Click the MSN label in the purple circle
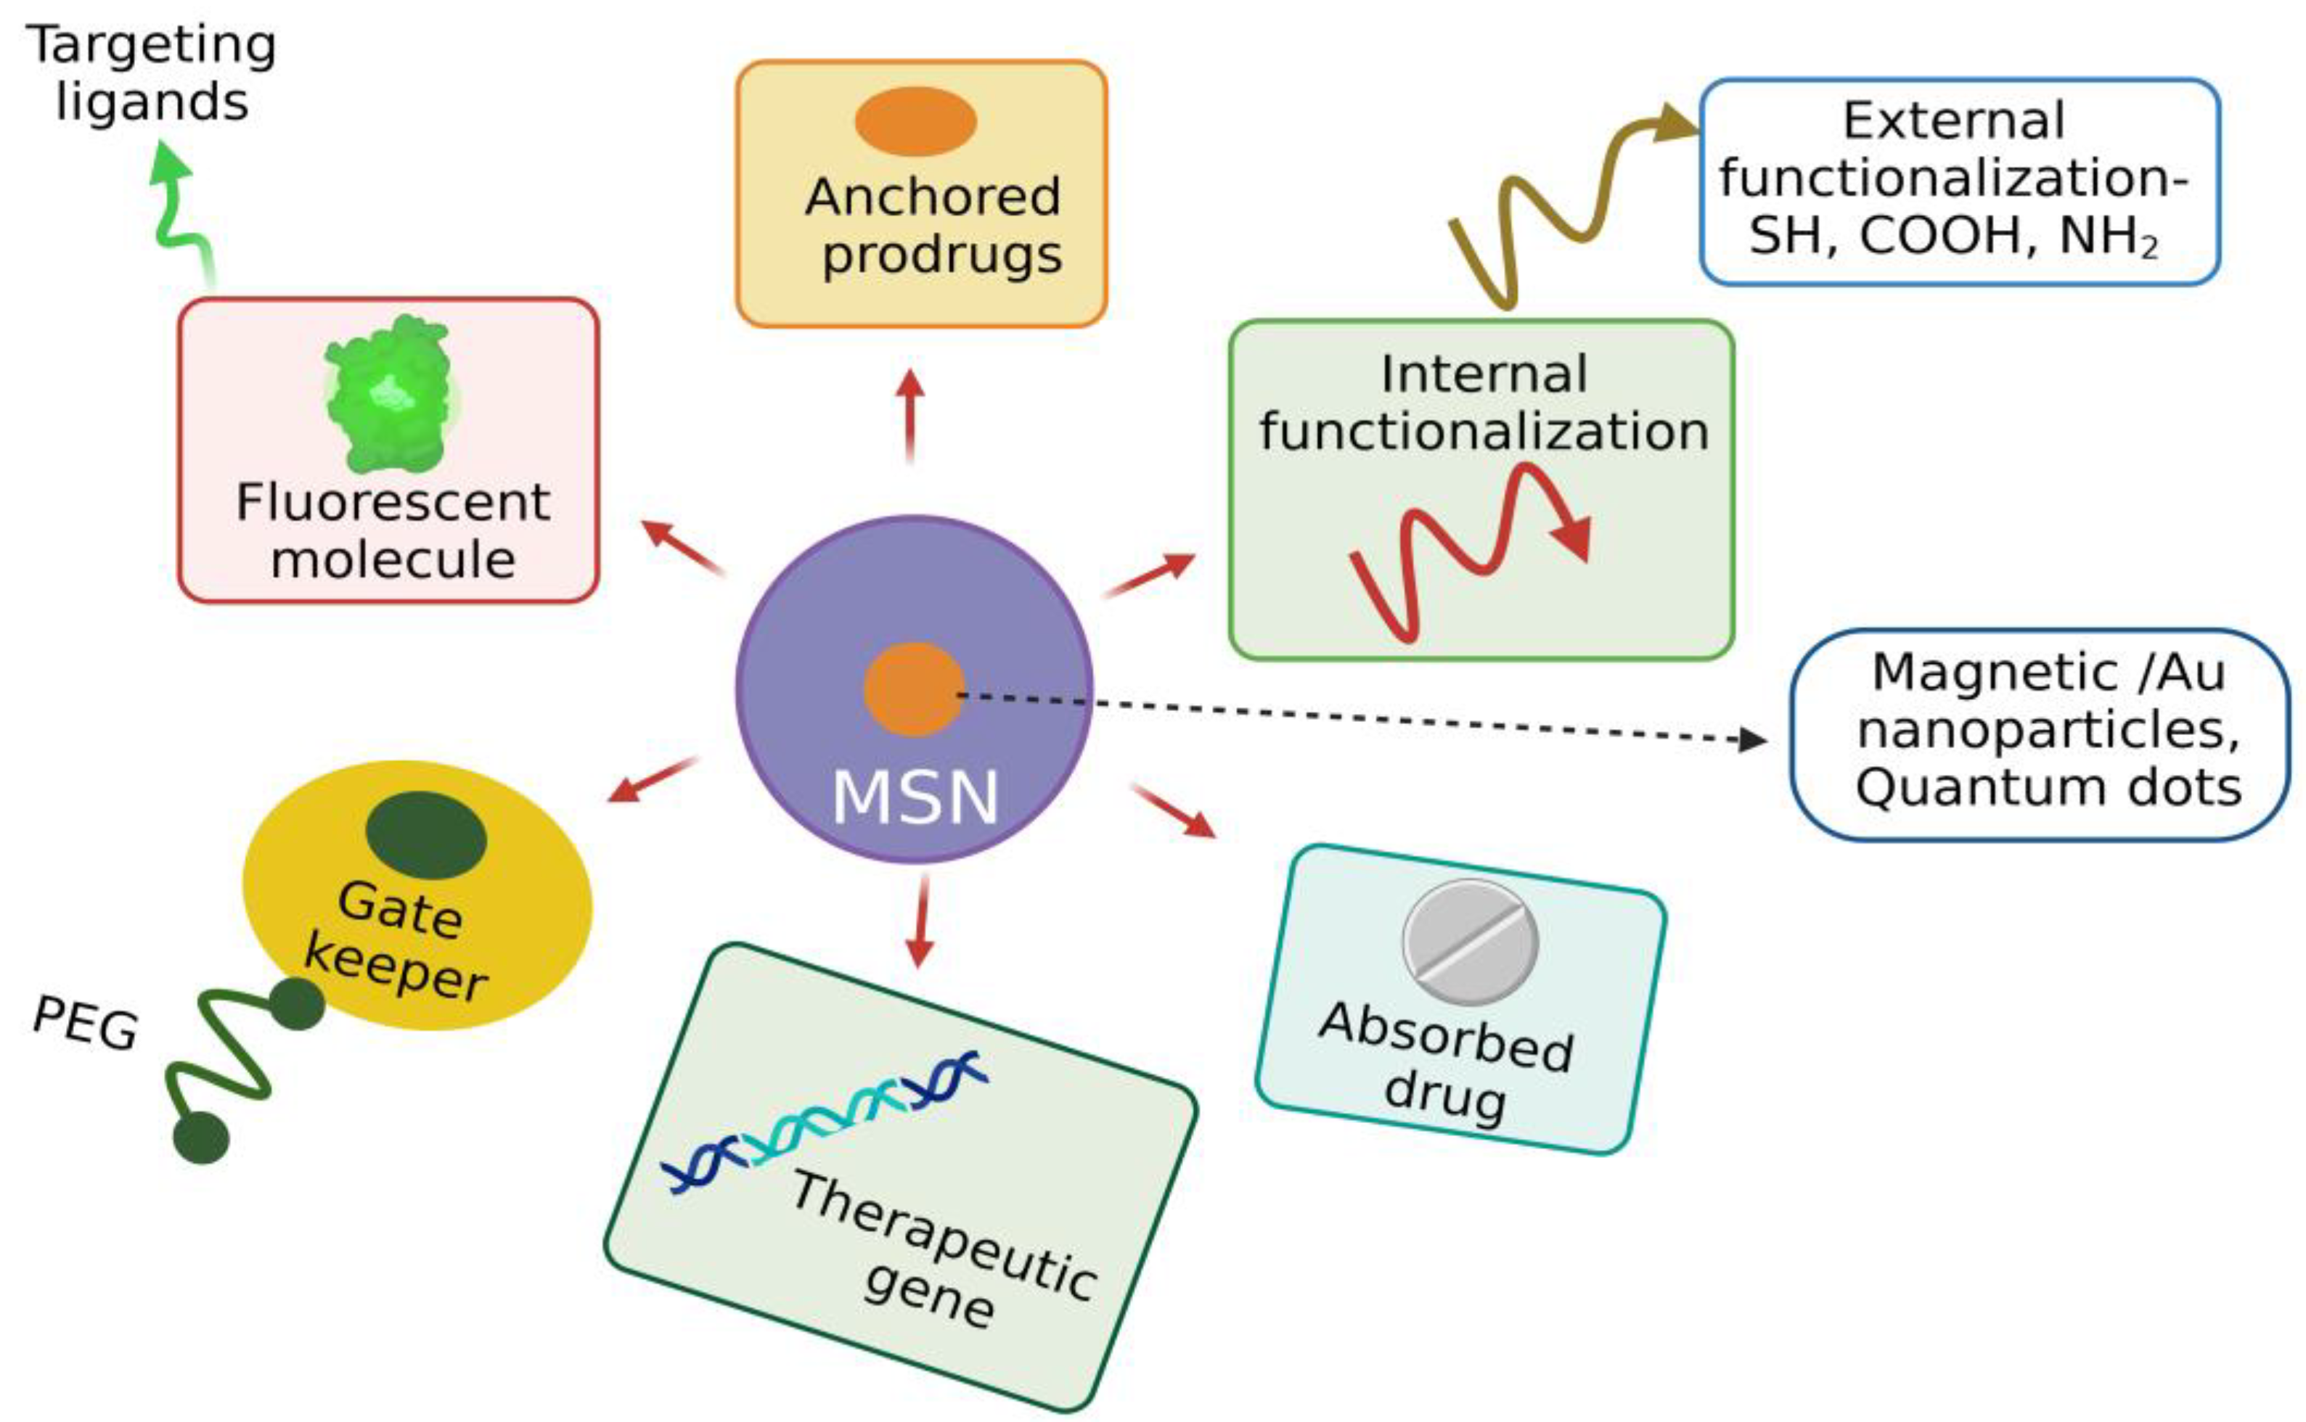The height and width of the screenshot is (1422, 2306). [x=915, y=797]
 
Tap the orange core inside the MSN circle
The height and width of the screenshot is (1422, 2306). [x=912, y=689]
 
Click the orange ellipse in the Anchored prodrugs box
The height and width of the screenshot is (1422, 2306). [x=915, y=121]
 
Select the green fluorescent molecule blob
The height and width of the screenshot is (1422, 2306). [x=388, y=395]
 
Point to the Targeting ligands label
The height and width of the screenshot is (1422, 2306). [x=150, y=73]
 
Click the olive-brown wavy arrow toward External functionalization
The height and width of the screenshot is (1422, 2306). [x=1562, y=207]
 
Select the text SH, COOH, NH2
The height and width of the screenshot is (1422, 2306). [x=1953, y=235]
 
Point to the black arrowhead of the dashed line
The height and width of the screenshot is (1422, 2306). [x=1752, y=739]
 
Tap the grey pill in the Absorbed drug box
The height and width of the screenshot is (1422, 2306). [x=1470, y=942]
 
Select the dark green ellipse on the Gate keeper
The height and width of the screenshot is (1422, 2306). [x=425, y=834]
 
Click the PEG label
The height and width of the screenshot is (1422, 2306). [x=85, y=1022]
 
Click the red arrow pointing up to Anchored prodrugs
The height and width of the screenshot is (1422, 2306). [x=909, y=414]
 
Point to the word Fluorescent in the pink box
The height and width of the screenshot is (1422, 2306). [x=393, y=501]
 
